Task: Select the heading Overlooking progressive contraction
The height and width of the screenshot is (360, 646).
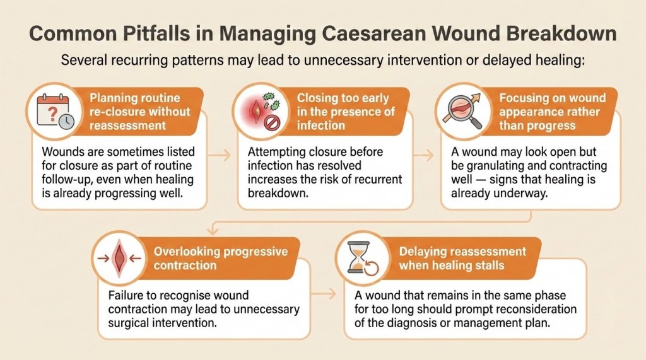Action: [221, 258]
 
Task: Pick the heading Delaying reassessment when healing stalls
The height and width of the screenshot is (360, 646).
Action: [462, 258]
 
